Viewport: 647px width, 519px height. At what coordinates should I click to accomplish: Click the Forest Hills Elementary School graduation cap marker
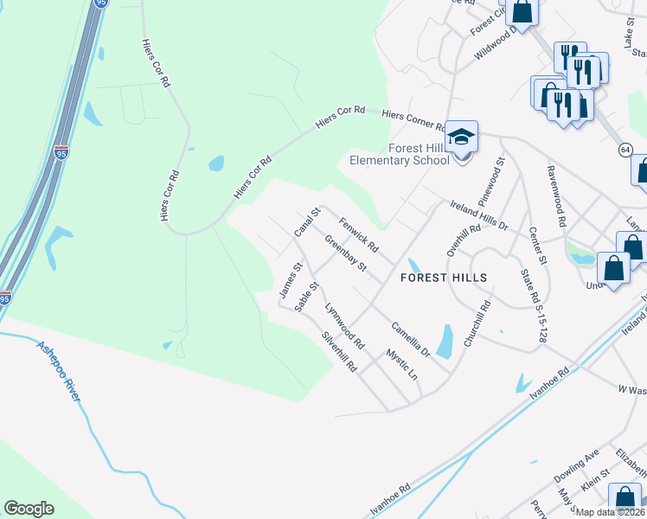462,137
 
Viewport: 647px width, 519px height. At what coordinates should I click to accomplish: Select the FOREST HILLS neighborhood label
444,278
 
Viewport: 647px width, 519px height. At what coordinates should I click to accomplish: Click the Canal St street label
307,223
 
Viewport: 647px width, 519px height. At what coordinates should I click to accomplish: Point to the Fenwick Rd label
358,234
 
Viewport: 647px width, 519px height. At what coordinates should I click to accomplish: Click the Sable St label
307,297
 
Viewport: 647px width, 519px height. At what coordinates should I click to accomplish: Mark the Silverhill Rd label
339,352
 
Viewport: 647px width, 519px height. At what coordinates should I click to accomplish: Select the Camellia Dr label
410,339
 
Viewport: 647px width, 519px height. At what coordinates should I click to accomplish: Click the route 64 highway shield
625,150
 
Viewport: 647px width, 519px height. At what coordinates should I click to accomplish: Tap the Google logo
29,509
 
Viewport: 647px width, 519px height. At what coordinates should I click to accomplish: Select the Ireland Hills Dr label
478,215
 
